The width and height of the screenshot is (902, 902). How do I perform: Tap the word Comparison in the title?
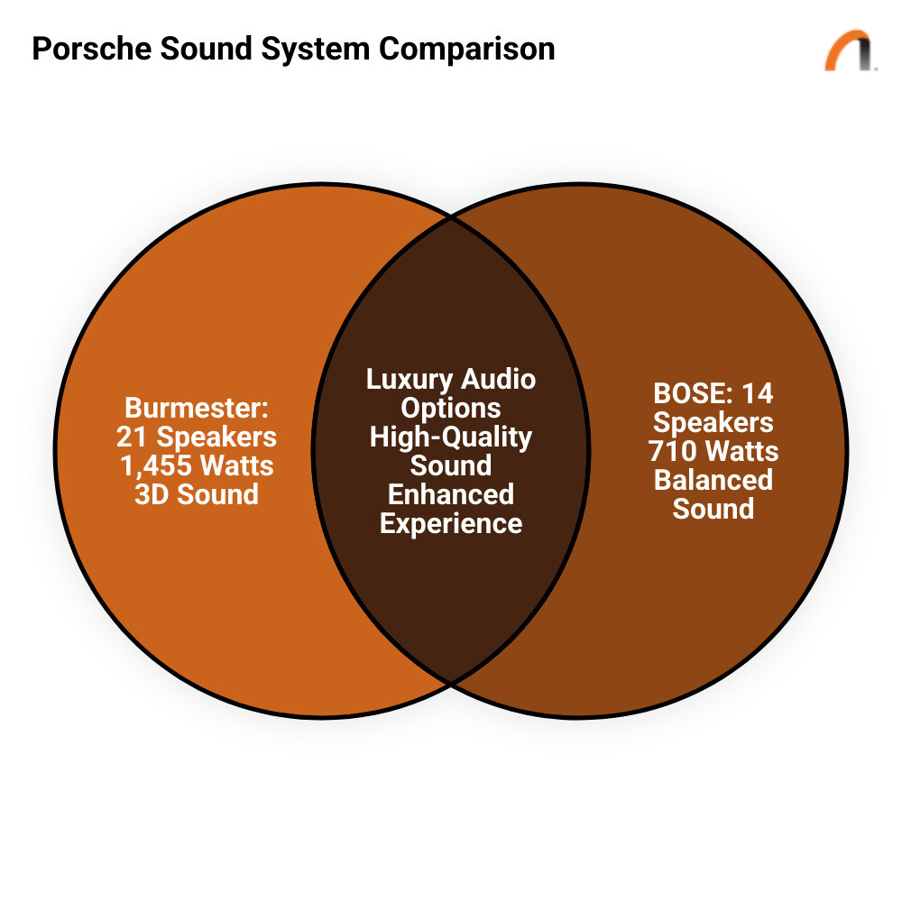[x=466, y=48]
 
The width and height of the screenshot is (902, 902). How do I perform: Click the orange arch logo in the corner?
[x=849, y=51]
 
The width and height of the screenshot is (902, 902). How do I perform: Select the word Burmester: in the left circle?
[x=197, y=408]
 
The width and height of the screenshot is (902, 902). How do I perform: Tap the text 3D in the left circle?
[x=150, y=494]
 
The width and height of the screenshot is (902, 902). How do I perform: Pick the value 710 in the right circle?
[x=672, y=451]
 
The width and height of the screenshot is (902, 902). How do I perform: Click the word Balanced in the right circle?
[x=713, y=480]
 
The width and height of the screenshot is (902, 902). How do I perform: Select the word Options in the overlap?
[x=451, y=408]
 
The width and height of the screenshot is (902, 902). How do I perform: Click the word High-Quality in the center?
[x=451, y=437]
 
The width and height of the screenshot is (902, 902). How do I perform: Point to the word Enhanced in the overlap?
[x=451, y=494]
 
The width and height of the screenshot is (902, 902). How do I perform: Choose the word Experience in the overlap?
[x=451, y=523]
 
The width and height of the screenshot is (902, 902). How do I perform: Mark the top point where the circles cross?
[x=451, y=217]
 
